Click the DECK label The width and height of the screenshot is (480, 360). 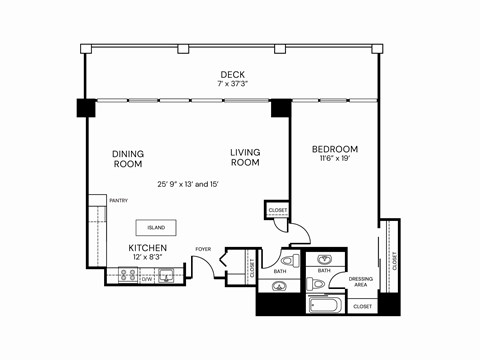tap(232, 74)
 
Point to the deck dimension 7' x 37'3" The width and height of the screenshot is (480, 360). tap(232, 84)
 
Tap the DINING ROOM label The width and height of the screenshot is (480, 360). tap(127, 159)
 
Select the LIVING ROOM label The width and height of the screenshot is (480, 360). tap(245, 157)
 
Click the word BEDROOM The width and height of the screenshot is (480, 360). tap(334, 149)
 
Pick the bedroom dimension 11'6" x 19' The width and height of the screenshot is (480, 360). tap(334, 159)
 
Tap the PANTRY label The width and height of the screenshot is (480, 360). tap(118, 201)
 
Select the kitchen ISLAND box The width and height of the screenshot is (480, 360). tap(155, 227)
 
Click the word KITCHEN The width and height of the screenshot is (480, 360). tap(147, 247)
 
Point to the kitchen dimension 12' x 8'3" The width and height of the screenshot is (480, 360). tap(147, 258)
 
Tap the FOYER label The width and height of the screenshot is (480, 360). tap(203, 249)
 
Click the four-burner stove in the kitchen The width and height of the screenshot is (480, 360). tap(128, 275)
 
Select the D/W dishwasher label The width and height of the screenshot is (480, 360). tap(147, 279)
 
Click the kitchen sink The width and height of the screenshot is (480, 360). tap(167, 275)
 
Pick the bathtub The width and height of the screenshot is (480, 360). tap(326, 305)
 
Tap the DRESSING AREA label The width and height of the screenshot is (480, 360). tap(361, 281)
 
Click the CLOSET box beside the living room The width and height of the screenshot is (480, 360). tap(277, 211)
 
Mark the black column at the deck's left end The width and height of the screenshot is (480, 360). tap(87, 106)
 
